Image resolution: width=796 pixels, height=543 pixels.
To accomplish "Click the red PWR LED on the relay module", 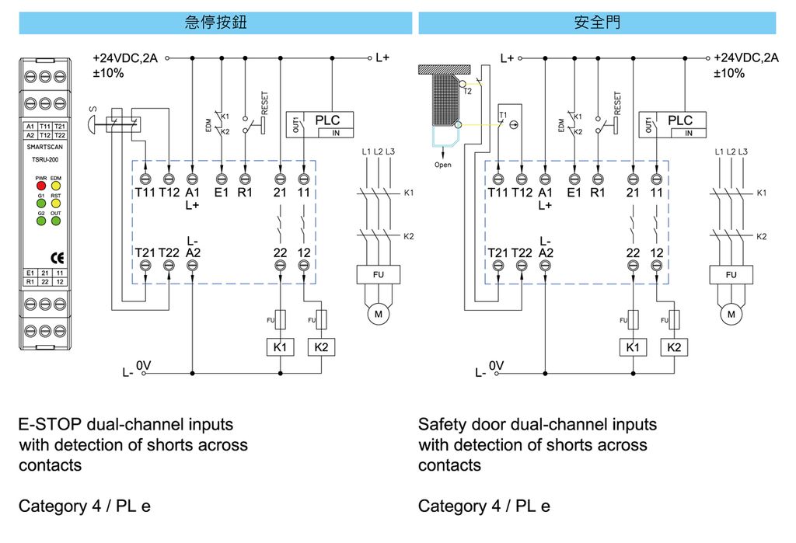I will click(x=41, y=186).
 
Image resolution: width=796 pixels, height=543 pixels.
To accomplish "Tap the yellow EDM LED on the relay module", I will click(x=56, y=186).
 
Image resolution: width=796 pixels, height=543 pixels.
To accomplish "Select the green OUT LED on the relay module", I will click(x=56, y=220).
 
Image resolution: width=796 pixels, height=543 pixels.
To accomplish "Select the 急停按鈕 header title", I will click(x=215, y=23).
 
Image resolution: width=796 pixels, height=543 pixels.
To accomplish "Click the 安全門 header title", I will click(x=596, y=23).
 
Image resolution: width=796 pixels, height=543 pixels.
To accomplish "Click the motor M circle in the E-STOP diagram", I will click(x=379, y=314).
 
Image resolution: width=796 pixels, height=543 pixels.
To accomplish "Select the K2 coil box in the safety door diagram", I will click(x=673, y=347).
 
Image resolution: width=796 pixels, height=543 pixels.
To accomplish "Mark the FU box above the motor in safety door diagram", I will click(x=731, y=275).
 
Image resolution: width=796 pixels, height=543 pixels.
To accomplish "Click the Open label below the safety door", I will click(x=442, y=165).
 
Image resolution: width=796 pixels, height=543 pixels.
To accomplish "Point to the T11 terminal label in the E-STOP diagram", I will click(x=145, y=193).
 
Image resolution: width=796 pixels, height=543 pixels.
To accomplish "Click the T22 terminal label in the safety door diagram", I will click(x=522, y=252).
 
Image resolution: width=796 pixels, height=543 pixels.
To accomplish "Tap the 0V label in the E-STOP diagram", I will click(x=145, y=364).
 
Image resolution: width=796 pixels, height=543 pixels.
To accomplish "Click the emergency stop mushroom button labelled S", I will click(x=93, y=123).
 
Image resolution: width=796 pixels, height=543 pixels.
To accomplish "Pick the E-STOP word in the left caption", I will click(x=51, y=425).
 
